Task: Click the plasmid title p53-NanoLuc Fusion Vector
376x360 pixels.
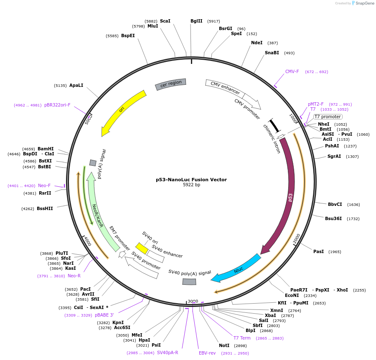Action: click(191, 180)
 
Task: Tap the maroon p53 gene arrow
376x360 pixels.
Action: click(289, 196)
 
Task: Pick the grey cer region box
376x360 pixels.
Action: click(171, 84)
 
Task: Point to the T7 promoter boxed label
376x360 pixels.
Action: click(328, 117)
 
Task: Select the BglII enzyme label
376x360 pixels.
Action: click(196, 21)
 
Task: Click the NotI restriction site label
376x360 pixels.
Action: click(224, 346)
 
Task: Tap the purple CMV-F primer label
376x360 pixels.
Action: click(292, 72)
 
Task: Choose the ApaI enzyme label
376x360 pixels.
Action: click(76, 85)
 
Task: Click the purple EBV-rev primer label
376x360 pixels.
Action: click(207, 353)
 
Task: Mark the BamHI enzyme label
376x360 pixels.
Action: click(46, 149)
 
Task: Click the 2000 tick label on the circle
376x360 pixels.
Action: click(297, 238)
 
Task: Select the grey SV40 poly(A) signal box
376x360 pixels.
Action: click(189, 282)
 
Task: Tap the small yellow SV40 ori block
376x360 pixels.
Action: click(142, 248)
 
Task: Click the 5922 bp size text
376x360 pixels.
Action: click(191, 185)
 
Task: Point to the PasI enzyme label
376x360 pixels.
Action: click(319, 252)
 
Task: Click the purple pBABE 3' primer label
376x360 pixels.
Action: click(104, 315)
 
